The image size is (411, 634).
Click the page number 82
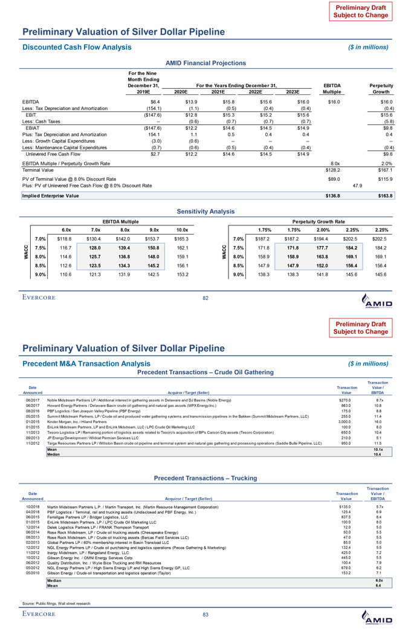point(205,297)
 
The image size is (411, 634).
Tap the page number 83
point(205,615)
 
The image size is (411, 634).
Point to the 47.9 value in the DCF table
point(357,186)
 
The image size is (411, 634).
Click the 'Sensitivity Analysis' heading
point(205,212)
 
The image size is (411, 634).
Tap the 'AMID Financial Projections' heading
point(205,63)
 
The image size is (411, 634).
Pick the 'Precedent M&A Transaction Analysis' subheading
point(86,363)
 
